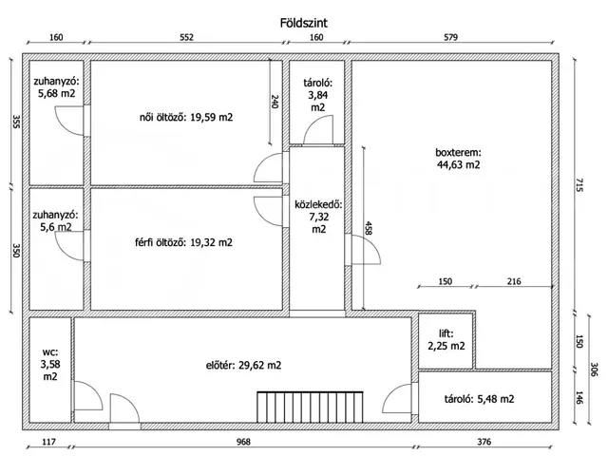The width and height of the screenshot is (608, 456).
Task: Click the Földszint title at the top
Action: click(x=304, y=23)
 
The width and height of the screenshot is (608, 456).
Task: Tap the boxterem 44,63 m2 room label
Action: click(x=458, y=159)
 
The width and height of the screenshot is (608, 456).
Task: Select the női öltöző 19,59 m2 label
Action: click(x=186, y=117)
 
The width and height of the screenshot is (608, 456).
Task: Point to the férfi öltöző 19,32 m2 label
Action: click(x=183, y=243)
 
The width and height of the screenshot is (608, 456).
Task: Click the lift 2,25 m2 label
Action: click(x=446, y=339)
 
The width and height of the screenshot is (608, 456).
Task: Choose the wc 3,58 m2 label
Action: click(x=50, y=364)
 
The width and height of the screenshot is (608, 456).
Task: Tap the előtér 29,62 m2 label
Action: click(x=243, y=365)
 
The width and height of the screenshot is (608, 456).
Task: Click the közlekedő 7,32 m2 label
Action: click(x=319, y=217)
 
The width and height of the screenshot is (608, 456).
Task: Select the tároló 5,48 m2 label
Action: click(x=479, y=399)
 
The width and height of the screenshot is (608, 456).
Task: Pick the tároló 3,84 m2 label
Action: click(x=318, y=95)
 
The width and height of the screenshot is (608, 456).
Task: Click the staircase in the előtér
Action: click(x=311, y=407)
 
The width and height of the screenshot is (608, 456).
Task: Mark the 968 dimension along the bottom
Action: click(x=243, y=442)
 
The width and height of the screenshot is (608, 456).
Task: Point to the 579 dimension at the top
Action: click(x=450, y=37)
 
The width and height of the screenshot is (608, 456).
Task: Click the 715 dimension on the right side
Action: click(x=579, y=184)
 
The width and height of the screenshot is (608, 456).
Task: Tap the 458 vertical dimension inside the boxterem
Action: click(x=369, y=228)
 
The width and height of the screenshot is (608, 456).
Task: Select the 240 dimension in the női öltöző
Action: click(x=275, y=102)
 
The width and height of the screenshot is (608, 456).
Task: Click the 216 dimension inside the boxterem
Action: click(x=514, y=281)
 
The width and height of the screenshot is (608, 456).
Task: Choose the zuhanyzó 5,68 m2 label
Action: click(x=56, y=87)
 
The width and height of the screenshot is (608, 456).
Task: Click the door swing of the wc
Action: click(x=88, y=395)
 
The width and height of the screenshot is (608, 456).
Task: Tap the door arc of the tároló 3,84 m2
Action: click(x=318, y=129)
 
